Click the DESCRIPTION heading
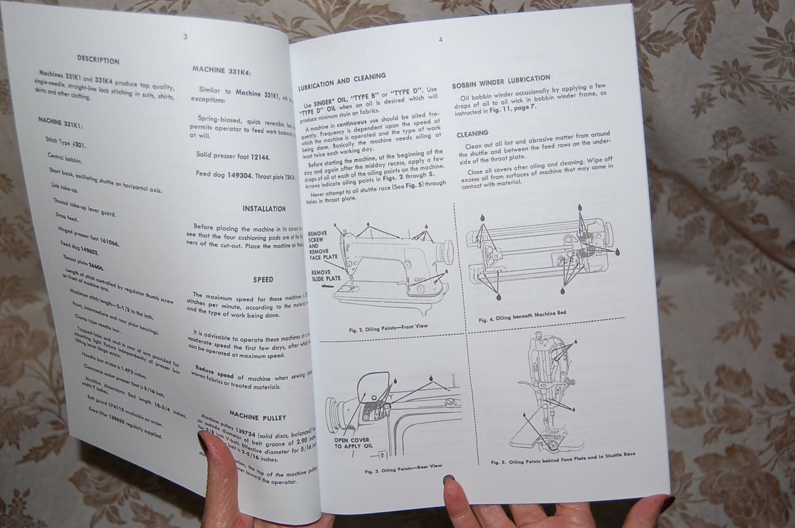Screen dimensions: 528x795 tap(98, 60)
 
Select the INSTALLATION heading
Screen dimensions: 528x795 tap(264, 209)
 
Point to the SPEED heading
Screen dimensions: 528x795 tap(263, 279)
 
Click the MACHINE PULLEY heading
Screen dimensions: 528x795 tap(258, 417)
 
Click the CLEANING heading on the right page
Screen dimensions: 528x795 tap(472, 134)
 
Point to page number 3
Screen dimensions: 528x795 tap(185, 37)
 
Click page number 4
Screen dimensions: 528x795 tap(440, 39)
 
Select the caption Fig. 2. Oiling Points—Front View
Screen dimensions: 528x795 tap(388, 328)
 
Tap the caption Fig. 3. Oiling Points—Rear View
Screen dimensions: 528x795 tap(403, 468)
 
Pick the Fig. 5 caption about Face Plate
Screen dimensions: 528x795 tap(563, 458)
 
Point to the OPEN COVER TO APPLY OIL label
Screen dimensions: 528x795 tap(352, 442)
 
